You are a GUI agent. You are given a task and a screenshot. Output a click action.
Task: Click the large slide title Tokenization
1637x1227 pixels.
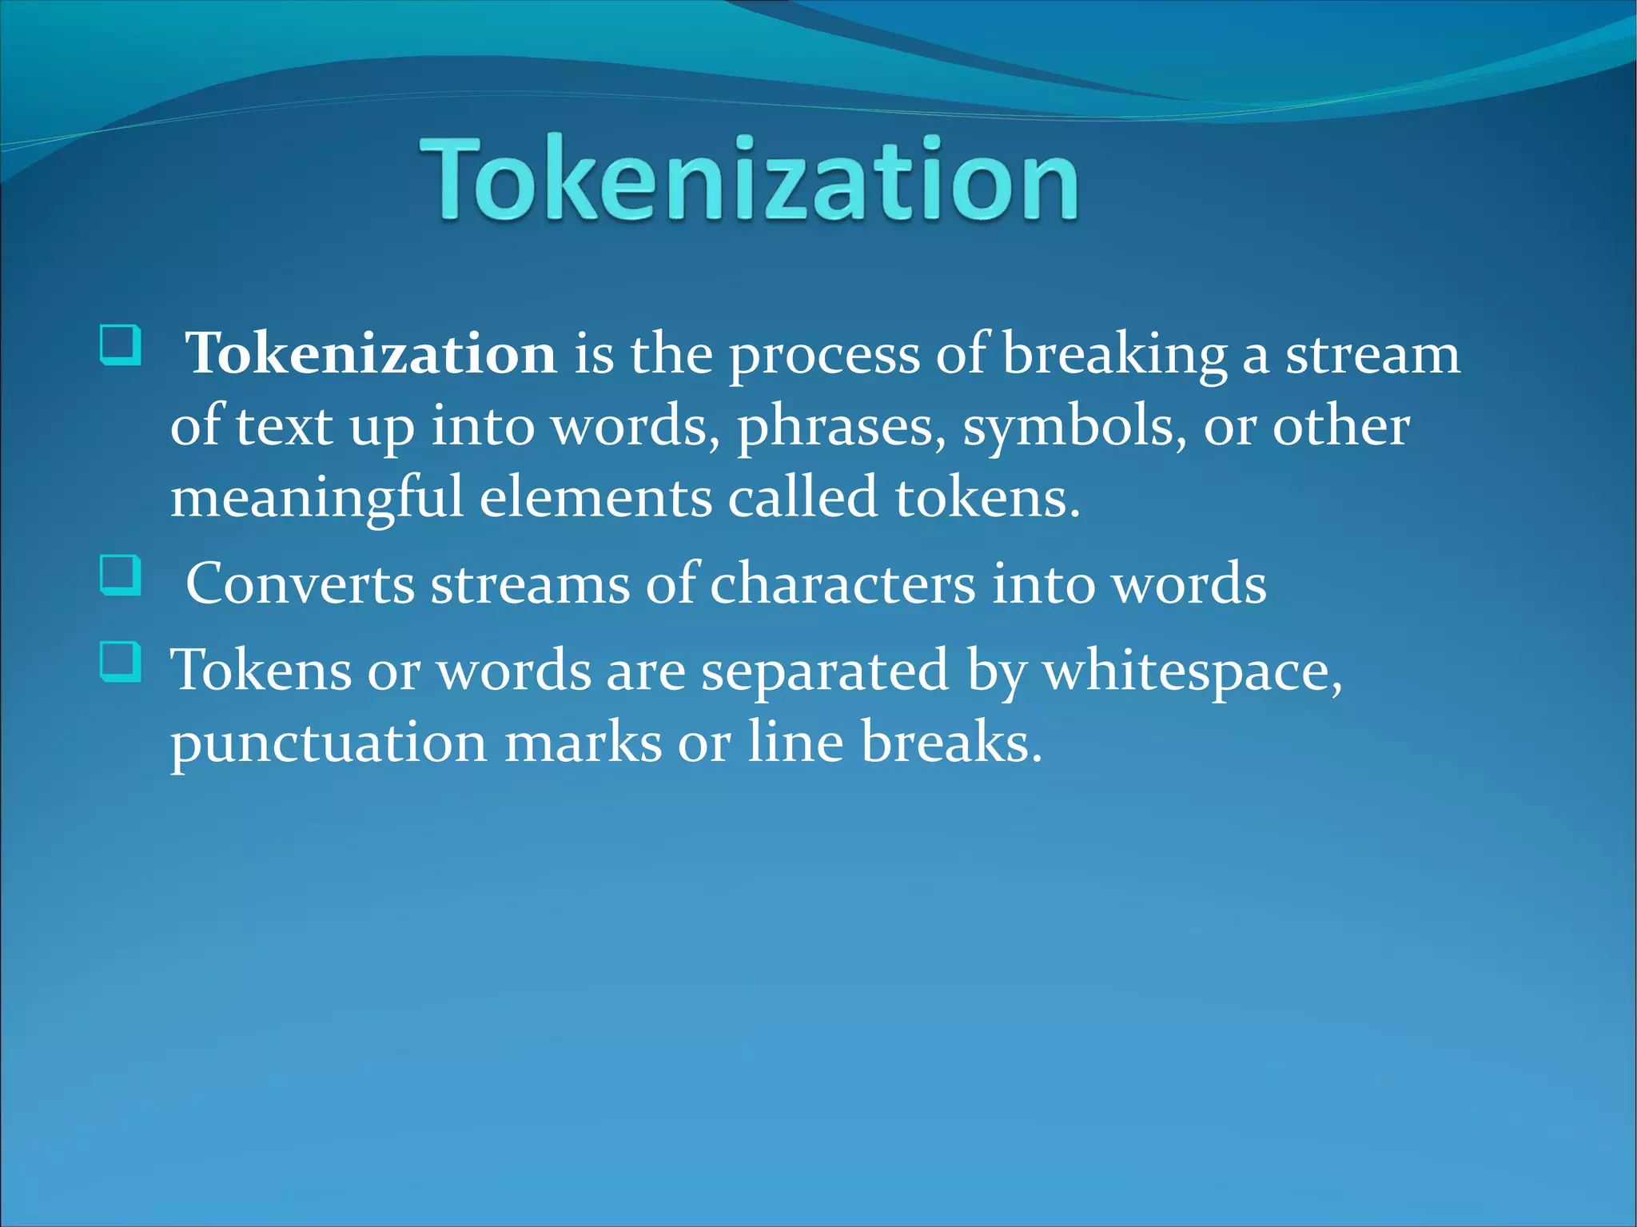[x=750, y=179]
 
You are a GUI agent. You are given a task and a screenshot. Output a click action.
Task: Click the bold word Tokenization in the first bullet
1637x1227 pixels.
[x=371, y=354]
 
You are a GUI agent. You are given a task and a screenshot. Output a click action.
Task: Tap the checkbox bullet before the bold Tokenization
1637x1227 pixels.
[x=121, y=345]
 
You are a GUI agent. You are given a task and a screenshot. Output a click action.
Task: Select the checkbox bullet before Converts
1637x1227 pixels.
[x=121, y=575]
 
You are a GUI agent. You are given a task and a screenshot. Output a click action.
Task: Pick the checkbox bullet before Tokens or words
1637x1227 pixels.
[x=121, y=661]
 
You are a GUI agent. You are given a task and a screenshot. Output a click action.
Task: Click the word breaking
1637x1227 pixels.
[x=1114, y=354]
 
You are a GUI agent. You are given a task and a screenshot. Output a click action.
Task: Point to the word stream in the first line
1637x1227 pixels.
[x=1372, y=354]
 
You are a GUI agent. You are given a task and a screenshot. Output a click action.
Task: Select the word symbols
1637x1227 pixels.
[x=1074, y=426]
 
